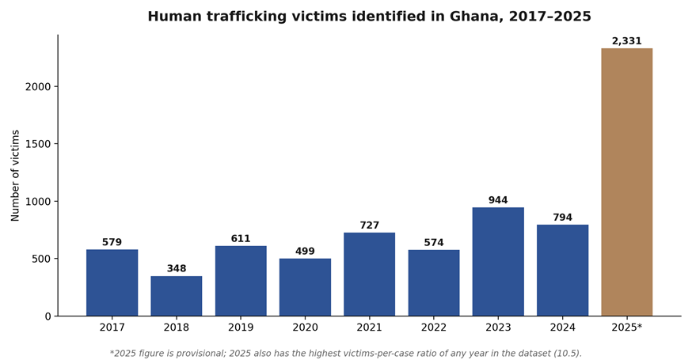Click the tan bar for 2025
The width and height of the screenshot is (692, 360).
point(627,182)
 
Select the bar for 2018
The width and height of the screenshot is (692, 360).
point(177,296)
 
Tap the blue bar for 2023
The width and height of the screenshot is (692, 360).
point(498,262)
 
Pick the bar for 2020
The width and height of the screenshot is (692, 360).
point(305,287)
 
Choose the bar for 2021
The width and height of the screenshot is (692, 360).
point(370,275)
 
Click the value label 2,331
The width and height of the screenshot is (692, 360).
point(627,41)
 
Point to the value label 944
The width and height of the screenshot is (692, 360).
point(498,200)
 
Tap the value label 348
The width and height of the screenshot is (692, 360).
point(177,268)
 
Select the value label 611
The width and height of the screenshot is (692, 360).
point(241,239)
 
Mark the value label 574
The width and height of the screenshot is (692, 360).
point(434,243)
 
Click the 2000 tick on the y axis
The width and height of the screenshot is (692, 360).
point(41,86)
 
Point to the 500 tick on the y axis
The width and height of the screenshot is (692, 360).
point(44,259)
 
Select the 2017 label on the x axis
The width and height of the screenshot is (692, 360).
point(112,328)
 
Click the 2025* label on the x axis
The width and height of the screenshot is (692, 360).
point(627,328)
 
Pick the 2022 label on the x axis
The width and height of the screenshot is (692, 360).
point(434,328)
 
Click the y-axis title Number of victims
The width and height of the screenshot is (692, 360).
point(16,176)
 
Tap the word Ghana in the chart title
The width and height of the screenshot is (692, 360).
point(477,17)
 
